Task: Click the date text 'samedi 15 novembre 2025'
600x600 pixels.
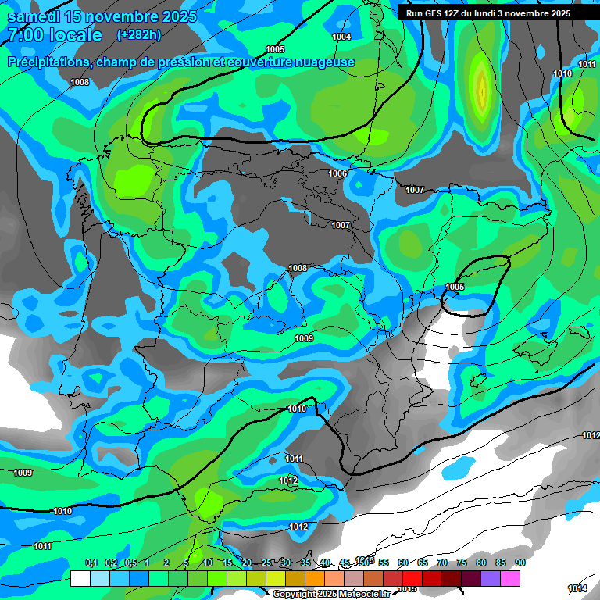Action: point(102,16)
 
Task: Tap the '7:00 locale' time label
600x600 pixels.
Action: point(55,35)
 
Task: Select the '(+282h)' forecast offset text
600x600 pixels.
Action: point(138,34)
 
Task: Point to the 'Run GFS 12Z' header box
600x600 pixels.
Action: point(487,13)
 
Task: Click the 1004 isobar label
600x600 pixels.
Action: point(341,37)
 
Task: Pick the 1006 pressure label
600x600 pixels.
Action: point(337,173)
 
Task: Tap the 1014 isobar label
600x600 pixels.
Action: point(577,588)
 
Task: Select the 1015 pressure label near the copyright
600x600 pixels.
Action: point(407,588)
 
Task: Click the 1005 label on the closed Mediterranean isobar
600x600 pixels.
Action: point(455,287)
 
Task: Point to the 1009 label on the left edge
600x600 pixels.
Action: point(23,473)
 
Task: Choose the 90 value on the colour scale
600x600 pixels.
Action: point(520,563)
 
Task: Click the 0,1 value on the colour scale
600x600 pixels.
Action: point(91,563)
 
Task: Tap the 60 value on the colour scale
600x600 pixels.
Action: point(403,563)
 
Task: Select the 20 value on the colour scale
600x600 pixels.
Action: point(247,563)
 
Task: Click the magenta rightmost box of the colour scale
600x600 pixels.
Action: point(510,578)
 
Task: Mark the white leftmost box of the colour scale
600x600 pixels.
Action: point(80,578)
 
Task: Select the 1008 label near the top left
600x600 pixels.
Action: point(80,82)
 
